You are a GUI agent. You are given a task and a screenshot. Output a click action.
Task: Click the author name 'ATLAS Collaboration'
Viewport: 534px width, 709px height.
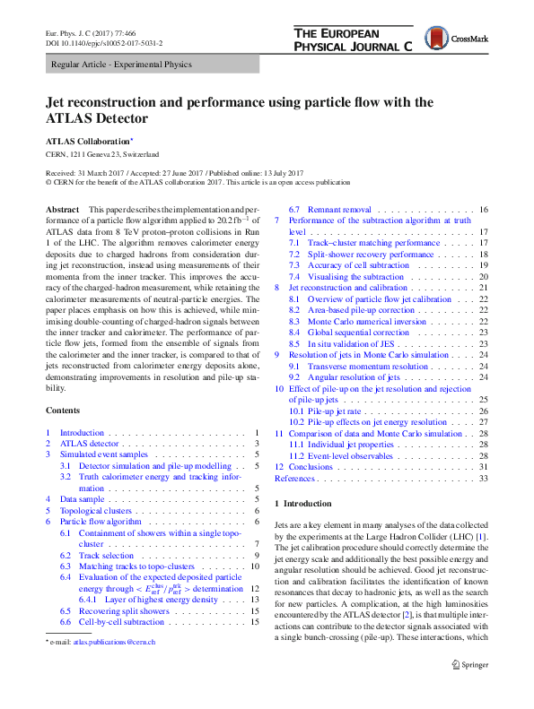[87, 141]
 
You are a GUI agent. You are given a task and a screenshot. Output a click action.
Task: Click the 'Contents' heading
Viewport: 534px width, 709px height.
[62, 410]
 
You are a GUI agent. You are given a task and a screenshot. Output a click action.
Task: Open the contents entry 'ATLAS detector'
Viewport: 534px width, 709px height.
[89, 444]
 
